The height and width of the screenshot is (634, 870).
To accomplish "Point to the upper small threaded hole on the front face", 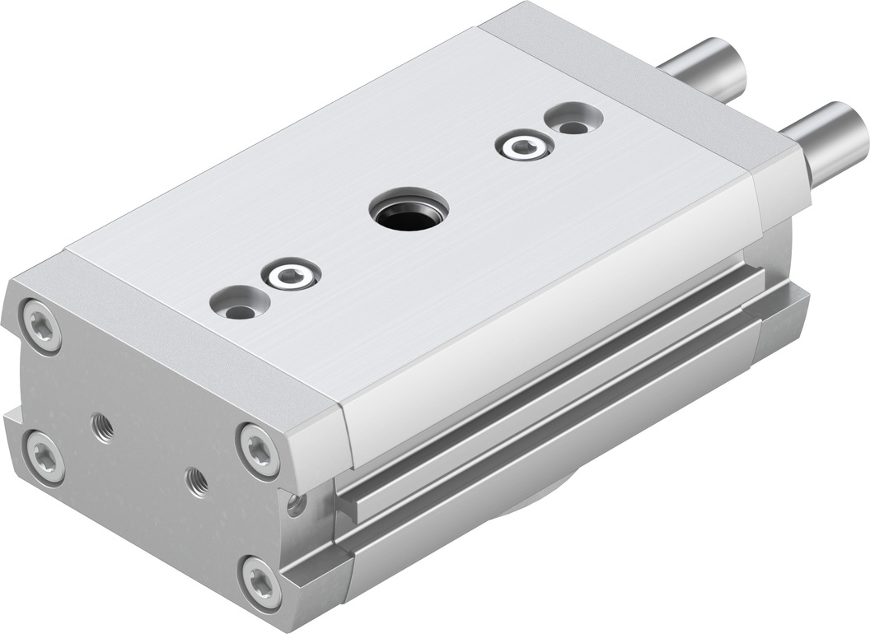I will point(103,428).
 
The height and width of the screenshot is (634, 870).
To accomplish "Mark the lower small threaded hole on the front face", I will point(196,481).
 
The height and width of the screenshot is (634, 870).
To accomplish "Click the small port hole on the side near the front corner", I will point(294,503).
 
